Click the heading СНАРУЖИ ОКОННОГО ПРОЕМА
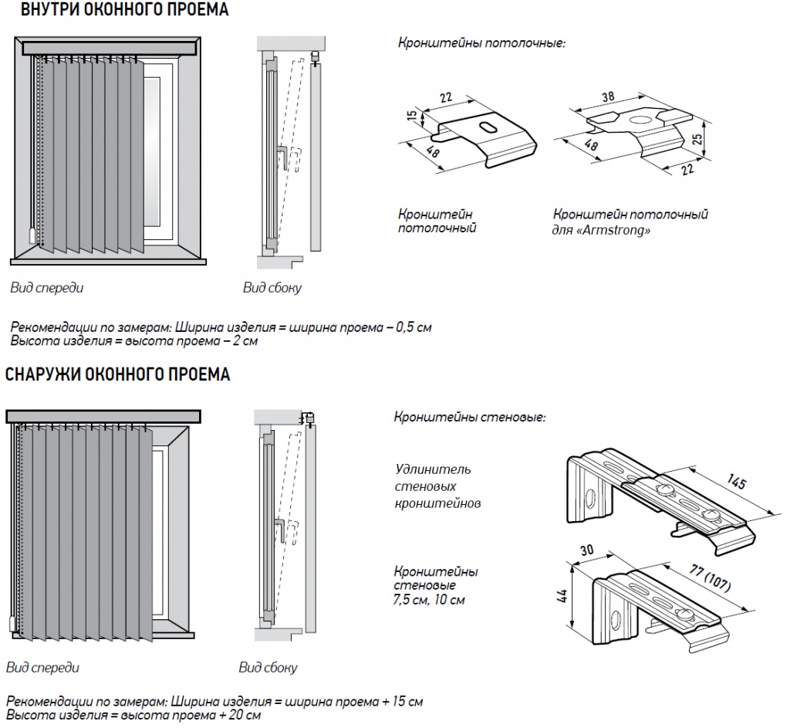pyautogui.click(x=118, y=375)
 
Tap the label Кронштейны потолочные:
pyautogui.click(x=482, y=43)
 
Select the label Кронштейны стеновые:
pyautogui.click(x=470, y=418)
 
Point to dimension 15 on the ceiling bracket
pyautogui.click(x=412, y=115)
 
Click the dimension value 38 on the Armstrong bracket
pyautogui.click(x=607, y=98)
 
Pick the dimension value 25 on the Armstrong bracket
pyautogui.click(x=697, y=138)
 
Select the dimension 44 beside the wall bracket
pyautogui.click(x=561, y=596)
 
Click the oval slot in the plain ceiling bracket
pyautogui.click(x=488, y=127)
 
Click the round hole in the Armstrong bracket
pyautogui.click(x=640, y=120)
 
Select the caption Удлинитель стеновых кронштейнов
pyautogui.click(x=437, y=486)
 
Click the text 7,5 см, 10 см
pyautogui.click(x=430, y=600)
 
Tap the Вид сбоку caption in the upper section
pyautogui.click(x=272, y=288)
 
